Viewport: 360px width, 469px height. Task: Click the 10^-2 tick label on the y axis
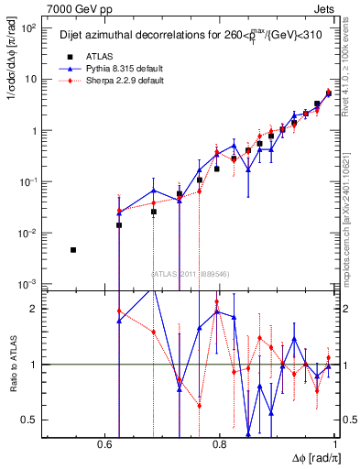[x=29, y=234]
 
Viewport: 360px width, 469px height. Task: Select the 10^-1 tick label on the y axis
[x=29, y=182]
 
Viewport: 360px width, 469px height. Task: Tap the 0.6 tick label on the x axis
[x=107, y=444]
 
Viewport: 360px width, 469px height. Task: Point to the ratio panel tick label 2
[x=34, y=309]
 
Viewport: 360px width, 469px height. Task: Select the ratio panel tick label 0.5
[x=30, y=420]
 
